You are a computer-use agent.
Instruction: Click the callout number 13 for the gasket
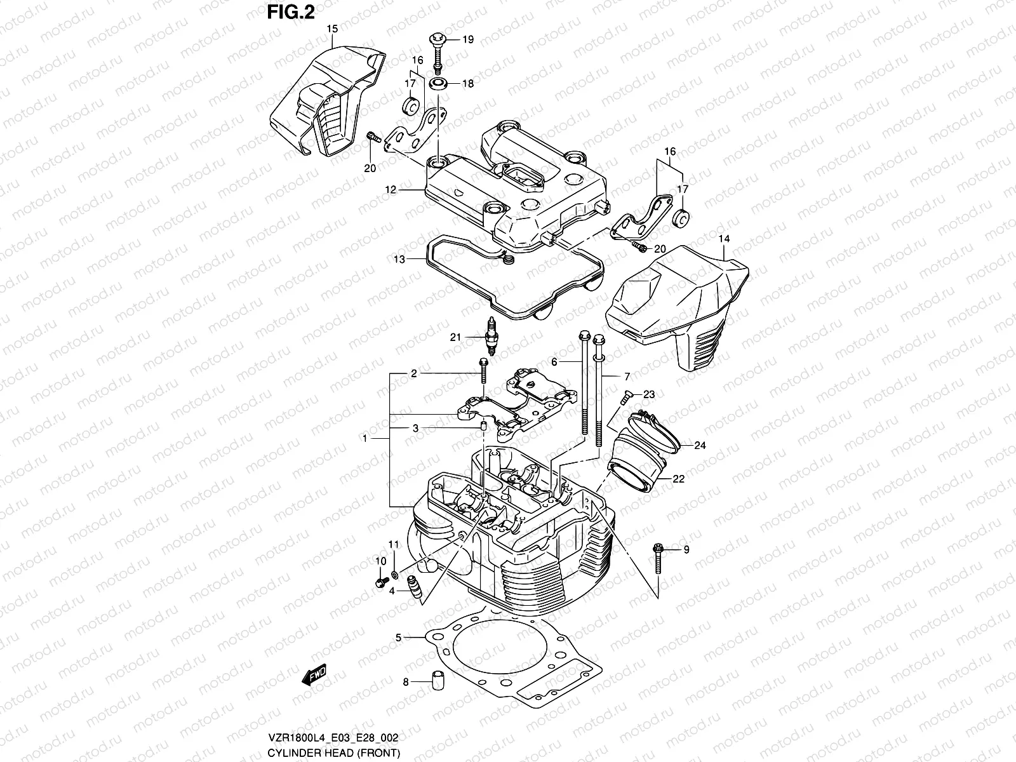tap(399, 259)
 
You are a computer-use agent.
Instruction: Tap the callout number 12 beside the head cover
tap(390, 189)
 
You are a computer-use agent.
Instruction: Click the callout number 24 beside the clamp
tap(699, 445)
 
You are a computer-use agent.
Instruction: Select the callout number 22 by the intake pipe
tap(678, 479)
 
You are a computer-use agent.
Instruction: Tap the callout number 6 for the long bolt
tap(554, 361)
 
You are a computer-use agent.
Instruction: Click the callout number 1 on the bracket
tap(364, 438)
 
